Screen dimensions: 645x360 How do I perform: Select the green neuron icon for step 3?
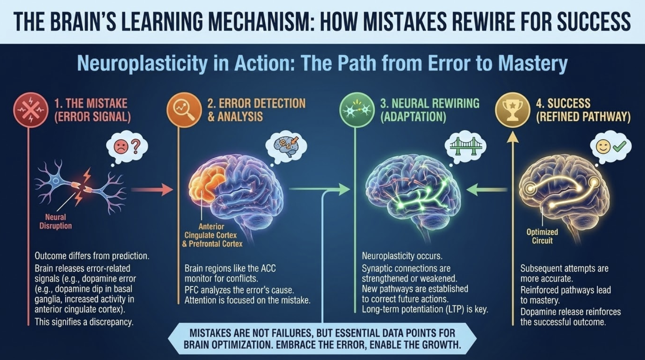pos(356,110)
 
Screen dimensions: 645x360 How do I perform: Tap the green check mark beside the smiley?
pos(620,146)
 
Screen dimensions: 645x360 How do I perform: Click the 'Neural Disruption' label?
pos(56,221)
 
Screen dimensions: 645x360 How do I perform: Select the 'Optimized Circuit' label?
pos(542,236)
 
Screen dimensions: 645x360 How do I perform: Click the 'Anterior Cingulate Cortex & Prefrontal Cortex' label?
pos(212,235)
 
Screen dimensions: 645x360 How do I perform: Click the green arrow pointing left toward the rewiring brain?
pos(486,190)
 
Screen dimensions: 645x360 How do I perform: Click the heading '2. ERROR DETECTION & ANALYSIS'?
pos(256,110)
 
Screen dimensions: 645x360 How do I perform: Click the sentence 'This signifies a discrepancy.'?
pos(84,322)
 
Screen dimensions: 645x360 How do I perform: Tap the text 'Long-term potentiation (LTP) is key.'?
pos(424,309)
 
